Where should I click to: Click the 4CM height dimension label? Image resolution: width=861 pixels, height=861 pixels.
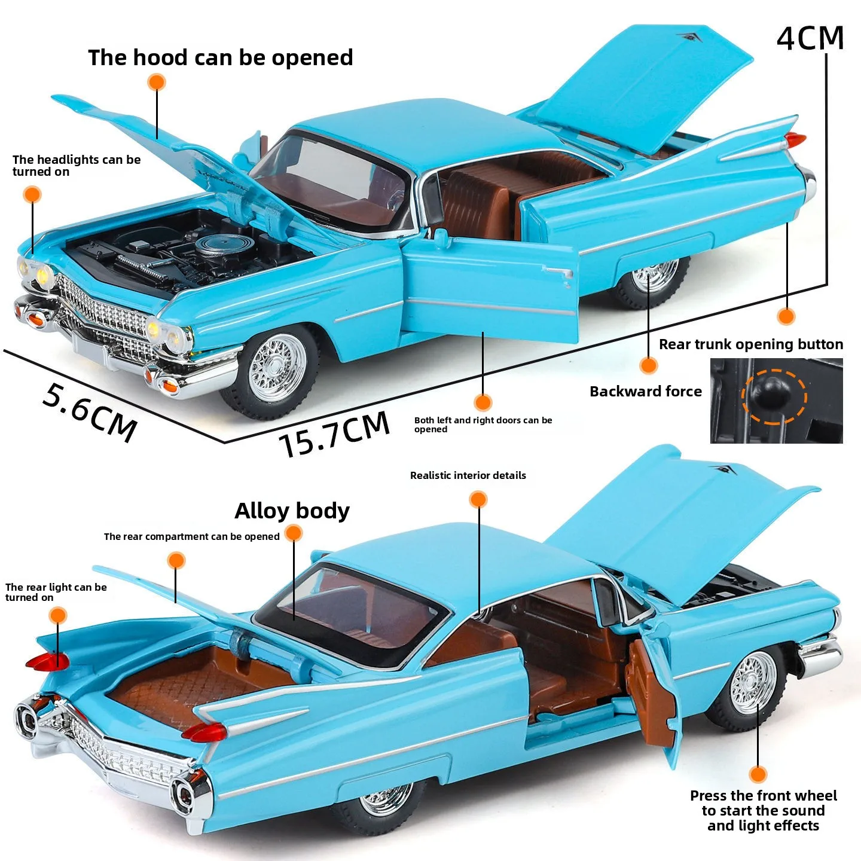(810, 38)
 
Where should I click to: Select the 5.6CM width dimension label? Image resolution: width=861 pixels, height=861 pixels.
(90, 412)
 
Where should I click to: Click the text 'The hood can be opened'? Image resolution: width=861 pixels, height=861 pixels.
(221, 58)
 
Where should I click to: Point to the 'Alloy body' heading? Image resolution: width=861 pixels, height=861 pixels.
(292, 511)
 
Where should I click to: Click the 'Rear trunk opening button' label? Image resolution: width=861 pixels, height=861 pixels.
(751, 344)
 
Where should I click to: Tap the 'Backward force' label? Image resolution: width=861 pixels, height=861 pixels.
(646, 392)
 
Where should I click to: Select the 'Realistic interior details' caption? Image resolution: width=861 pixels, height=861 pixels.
(468, 476)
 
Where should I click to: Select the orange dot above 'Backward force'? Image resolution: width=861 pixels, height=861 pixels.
(649, 365)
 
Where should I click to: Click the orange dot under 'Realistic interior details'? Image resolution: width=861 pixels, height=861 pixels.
(478, 499)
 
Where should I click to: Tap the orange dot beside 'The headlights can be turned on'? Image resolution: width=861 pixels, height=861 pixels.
(32, 194)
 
